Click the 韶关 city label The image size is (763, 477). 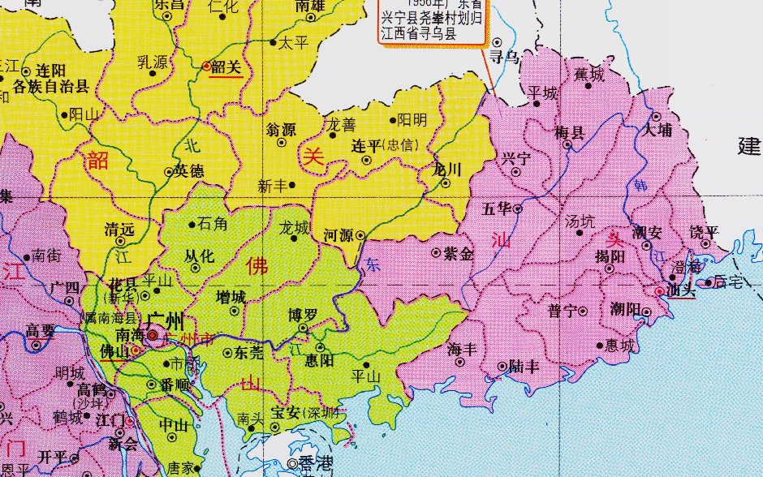point(226,67)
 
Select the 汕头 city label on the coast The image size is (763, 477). point(681,290)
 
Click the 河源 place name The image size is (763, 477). point(338,235)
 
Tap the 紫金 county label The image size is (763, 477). point(459,253)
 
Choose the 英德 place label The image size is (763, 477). point(190,171)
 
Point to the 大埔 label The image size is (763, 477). point(658,130)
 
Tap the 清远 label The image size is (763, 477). point(119,230)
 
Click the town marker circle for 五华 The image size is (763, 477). point(518,208)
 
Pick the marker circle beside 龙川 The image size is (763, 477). point(446,183)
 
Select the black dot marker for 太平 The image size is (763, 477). point(274,43)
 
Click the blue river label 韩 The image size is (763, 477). point(641,186)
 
